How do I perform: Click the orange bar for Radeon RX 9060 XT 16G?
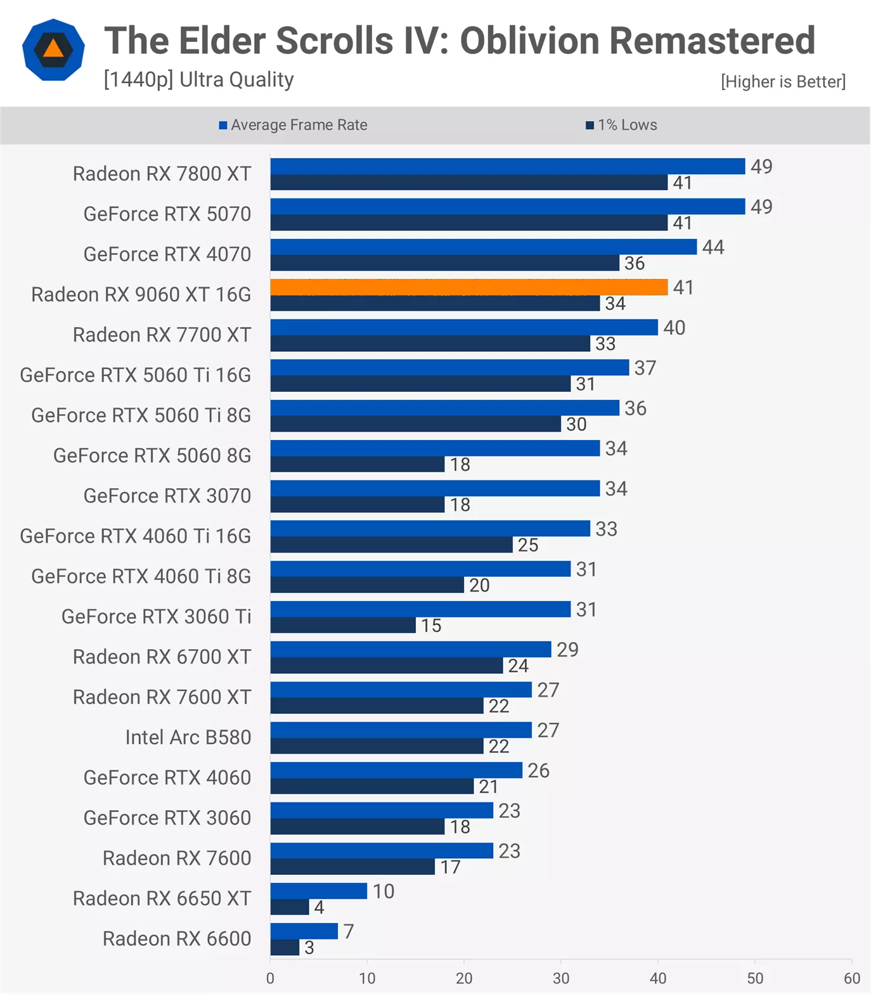pos(469,287)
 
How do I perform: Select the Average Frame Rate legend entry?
pos(293,125)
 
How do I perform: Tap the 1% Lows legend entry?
pos(621,125)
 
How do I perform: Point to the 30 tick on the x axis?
pos(561,978)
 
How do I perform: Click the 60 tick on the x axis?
pos(851,978)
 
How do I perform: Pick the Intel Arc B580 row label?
pos(188,737)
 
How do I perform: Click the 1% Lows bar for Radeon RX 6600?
pos(285,948)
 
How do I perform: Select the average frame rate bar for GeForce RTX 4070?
pos(483,247)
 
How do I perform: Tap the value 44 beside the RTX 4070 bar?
pos(713,247)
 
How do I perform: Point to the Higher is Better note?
pos(783,82)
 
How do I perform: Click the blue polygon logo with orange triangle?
pos(53,49)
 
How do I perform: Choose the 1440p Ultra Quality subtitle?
pos(198,80)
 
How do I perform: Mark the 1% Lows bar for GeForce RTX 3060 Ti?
pos(343,626)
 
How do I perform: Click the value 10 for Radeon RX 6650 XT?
pos(384,891)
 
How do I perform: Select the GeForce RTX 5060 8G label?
pos(152,455)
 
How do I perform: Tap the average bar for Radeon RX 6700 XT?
pos(411,649)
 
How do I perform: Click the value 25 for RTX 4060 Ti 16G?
pos(528,545)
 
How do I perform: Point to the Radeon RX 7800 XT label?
pos(162,174)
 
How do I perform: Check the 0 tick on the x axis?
pos(271,978)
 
